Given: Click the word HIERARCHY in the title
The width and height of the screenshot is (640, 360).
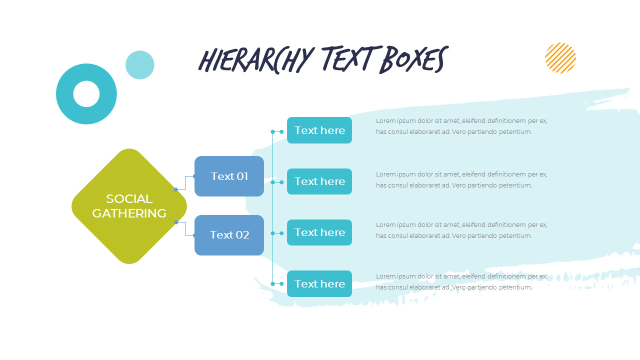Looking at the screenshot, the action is click(x=256, y=60).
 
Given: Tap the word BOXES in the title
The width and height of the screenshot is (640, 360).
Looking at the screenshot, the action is click(x=414, y=59).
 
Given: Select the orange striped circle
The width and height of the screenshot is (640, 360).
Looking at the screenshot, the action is click(x=560, y=57).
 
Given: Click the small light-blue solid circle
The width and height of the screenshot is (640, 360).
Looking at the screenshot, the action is click(x=139, y=65).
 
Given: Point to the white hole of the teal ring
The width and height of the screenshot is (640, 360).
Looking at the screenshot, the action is click(x=86, y=94).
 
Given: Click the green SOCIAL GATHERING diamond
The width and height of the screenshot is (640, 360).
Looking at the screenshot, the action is click(x=129, y=206).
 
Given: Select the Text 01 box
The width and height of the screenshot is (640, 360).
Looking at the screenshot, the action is click(x=229, y=176).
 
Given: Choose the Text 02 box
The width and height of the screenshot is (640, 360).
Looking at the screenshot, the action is click(x=229, y=235).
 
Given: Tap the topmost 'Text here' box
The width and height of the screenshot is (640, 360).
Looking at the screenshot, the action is click(x=319, y=130).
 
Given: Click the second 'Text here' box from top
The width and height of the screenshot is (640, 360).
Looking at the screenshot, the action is click(x=319, y=181).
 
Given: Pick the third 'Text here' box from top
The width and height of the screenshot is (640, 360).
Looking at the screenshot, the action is click(x=319, y=232).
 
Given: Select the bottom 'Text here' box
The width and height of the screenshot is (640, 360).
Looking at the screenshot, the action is click(x=319, y=283).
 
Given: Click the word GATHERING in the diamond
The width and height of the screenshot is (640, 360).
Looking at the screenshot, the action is click(x=129, y=213).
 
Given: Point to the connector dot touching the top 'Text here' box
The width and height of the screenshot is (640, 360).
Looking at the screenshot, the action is click(x=281, y=131).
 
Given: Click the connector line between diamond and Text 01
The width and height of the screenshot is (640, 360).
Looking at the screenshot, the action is click(x=185, y=183).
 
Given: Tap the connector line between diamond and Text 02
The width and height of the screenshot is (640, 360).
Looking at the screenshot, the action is click(x=185, y=229).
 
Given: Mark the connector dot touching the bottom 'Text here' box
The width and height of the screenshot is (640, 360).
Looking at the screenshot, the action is click(x=281, y=283).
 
